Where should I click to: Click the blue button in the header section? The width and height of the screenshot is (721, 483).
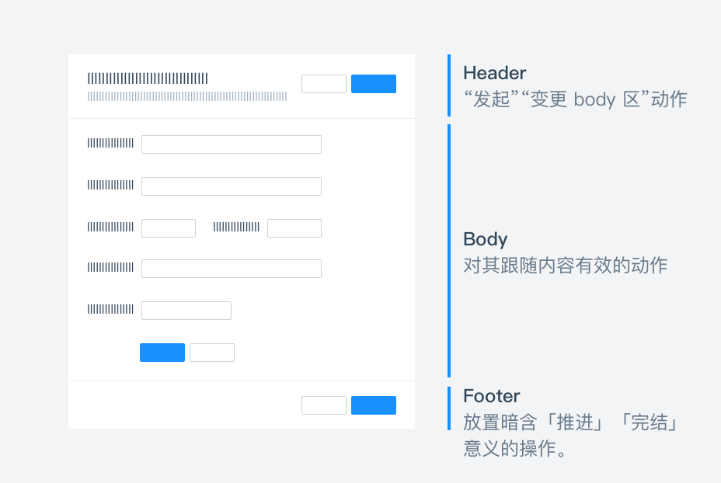(x=374, y=84)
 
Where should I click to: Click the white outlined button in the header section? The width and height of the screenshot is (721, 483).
(x=324, y=84)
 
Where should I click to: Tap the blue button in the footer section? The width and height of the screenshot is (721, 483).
(x=374, y=405)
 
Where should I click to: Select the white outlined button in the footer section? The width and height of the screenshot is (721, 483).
(x=324, y=405)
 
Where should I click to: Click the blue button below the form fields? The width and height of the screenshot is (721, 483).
(x=162, y=353)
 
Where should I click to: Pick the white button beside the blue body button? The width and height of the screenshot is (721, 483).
(x=212, y=353)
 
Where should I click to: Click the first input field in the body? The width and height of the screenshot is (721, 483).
(x=232, y=144)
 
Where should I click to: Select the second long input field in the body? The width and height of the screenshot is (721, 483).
(x=232, y=186)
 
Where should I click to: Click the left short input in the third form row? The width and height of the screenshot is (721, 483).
(x=169, y=228)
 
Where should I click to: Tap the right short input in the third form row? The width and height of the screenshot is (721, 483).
(x=294, y=228)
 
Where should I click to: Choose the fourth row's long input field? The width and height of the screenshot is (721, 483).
(x=232, y=269)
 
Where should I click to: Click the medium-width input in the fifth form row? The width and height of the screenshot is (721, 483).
(x=186, y=311)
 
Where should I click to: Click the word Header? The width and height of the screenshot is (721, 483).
(x=495, y=73)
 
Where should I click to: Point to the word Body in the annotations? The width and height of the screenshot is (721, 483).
(x=486, y=239)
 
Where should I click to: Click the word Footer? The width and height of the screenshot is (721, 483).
(x=492, y=396)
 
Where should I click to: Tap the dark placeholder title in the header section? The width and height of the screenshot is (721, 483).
(x=148, y=78)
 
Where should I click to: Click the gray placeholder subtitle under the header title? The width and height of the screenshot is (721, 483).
(x=187, y=97)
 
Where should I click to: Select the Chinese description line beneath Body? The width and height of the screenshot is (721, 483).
(x=565, y=266)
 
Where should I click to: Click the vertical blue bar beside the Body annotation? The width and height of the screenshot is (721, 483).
(x=449, y=251)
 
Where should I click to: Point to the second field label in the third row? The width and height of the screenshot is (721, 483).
(x=236, y=227)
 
